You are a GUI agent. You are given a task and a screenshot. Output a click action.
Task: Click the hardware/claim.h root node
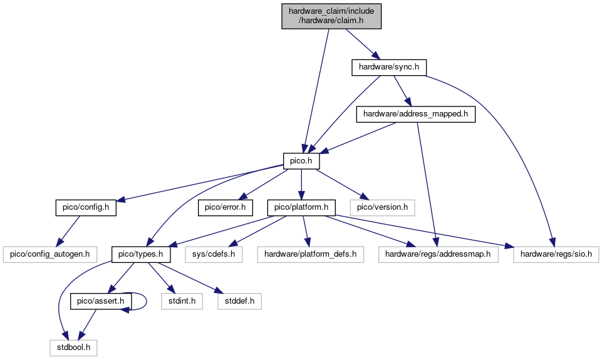pos(331,16)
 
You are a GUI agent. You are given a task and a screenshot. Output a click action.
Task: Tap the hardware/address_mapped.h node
pos(415,115)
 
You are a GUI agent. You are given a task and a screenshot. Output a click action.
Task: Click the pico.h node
pos(302,162)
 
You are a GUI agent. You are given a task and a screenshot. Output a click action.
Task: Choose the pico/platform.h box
pos(302,207)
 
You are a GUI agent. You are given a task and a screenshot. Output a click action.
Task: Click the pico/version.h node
pos(382,207)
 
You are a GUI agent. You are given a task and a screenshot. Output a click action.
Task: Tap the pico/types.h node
pos(142,254)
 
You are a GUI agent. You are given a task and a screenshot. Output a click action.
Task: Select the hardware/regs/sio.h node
pos(555,254)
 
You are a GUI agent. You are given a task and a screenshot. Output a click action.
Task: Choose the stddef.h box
pos(239,301)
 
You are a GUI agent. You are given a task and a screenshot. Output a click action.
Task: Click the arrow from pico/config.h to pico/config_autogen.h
pos(68,231)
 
